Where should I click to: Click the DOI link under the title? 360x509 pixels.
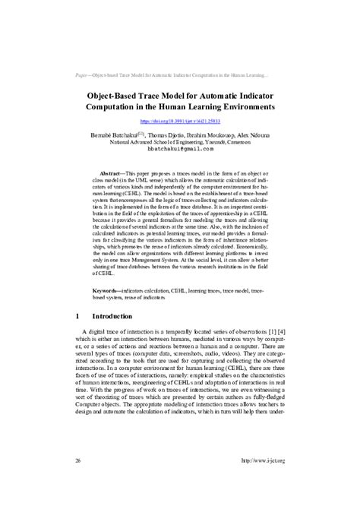[x=180, y=120]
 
